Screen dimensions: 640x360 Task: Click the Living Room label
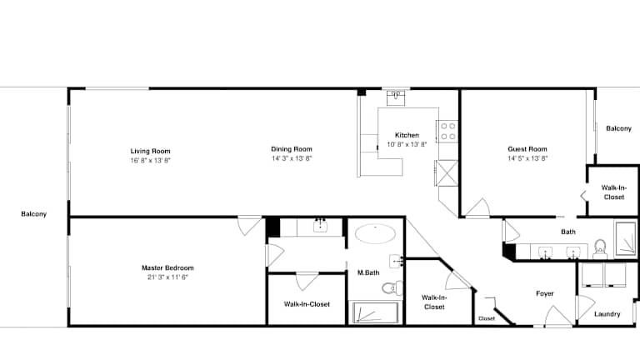(150, 151)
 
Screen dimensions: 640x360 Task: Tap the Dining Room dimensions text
(292, 158)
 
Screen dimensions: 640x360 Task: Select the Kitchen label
(407, 135)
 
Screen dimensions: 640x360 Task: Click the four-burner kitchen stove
(447, 132)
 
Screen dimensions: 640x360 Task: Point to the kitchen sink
(396, 98)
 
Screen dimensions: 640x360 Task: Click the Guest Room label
(527, 149)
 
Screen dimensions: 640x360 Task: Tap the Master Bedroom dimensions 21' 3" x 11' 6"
(167, 277)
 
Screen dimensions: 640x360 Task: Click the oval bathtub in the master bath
(375, 234)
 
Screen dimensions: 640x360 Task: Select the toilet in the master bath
(392, 288)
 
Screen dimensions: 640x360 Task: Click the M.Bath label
(368, 272)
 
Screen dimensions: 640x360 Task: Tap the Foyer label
(544, 293)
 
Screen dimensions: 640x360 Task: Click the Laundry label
(607, 314)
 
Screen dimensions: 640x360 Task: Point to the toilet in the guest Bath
(600, 249)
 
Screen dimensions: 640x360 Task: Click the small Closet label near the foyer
(487, 318)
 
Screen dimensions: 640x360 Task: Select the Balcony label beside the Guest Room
(618, 128)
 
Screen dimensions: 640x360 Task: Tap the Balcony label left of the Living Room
(34, 214)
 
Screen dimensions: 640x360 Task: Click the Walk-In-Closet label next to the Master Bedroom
(307, 304)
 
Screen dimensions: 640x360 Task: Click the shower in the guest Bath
(625, 239)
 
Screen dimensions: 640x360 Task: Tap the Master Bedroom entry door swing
(249, 224)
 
